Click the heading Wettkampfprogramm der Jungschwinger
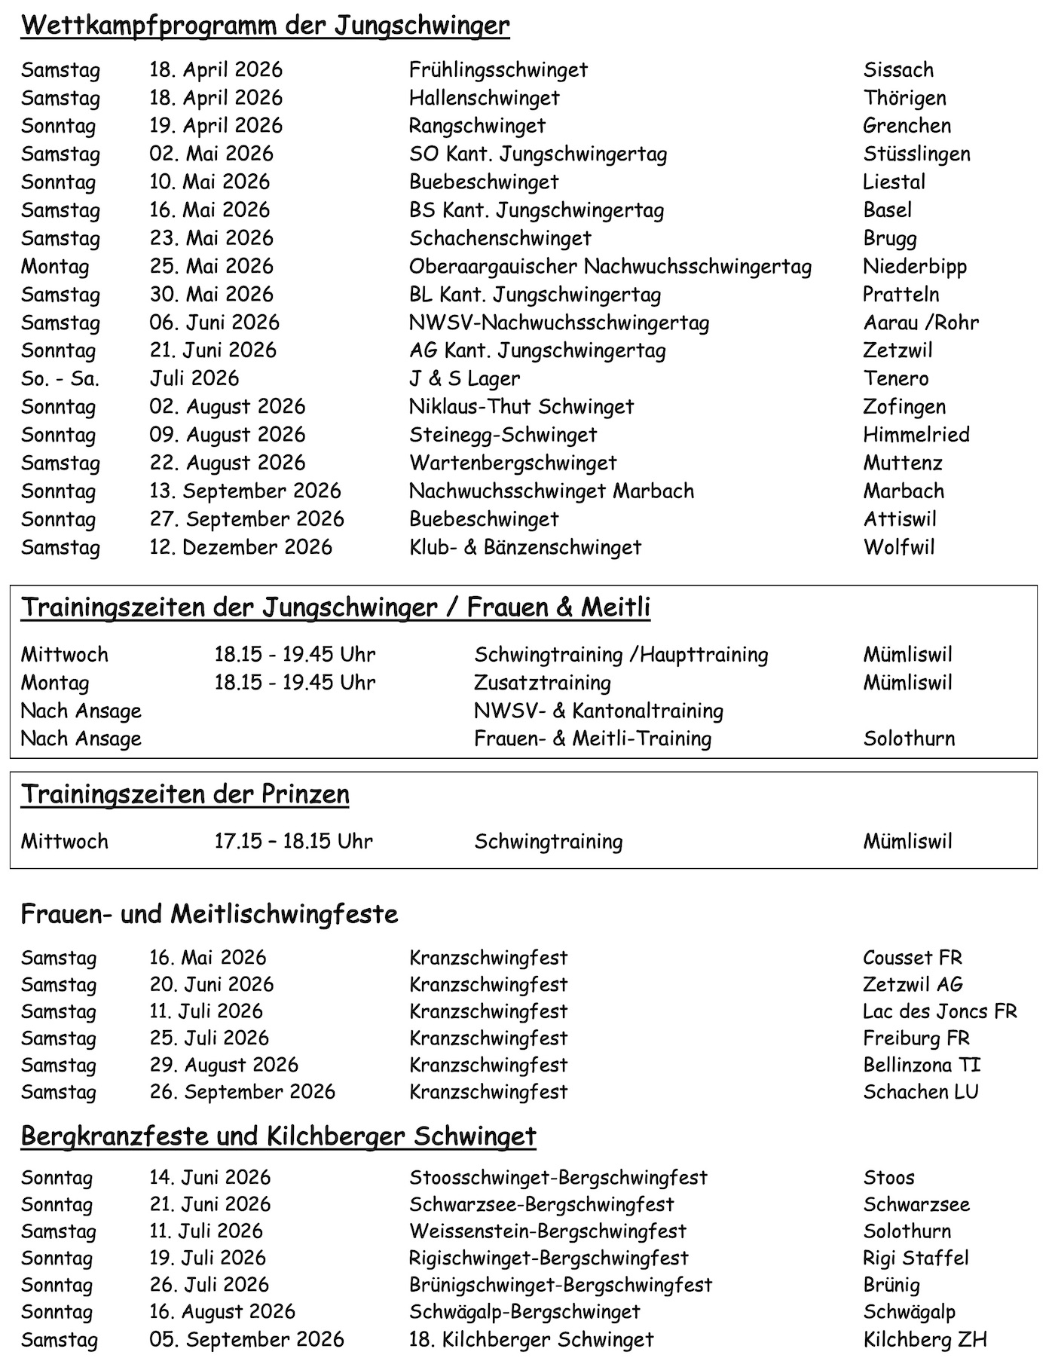tap(265, 26)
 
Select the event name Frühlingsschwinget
tap(498, 70)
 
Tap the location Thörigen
tap(904, 98)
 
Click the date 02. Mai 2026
tap(211, 154)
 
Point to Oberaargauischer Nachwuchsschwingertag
tap(610, 267)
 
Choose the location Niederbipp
tap(915, 267)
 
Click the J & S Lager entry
tap(464, 378)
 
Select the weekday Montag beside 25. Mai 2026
tap(55, 267)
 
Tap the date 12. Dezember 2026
tap(240, 547)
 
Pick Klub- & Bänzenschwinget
tap(525, 547)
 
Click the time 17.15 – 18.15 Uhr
tap(293, 841)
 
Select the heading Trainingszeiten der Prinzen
tap(185, 794)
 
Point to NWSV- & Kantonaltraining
tap(598, 711)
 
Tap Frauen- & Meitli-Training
tap(592, 739)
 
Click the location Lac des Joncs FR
tap(940, 1011)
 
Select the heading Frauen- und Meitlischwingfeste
tap(209, 914)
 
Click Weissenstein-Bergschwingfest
tap(548, 1231)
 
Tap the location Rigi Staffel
tap(916, 1258)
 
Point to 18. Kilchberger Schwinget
tap(531, 1339)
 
